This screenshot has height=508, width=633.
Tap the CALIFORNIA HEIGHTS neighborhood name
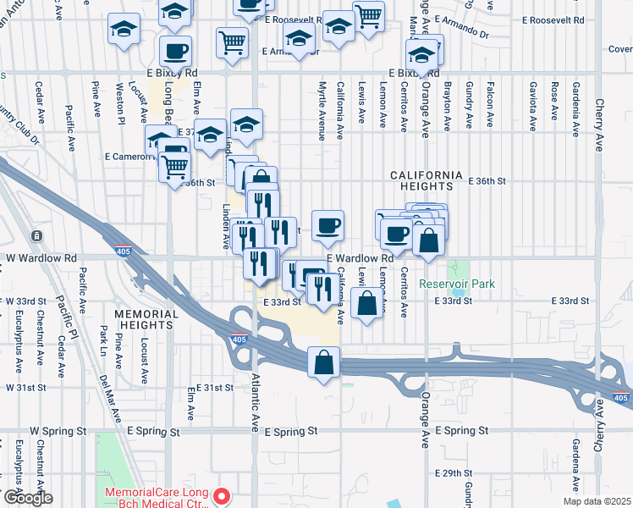tap(427, 174)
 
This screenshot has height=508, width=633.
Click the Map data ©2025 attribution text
tap(597, 501)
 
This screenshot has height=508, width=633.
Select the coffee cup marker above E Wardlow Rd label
tap(328, 226)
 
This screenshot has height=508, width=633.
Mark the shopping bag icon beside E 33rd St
tap(366, 304)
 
